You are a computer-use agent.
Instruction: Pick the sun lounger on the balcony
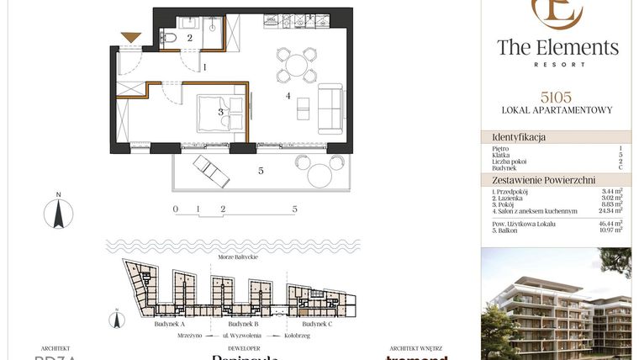click(x=211, y=172)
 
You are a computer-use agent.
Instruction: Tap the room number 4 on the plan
click(x=288, y=97)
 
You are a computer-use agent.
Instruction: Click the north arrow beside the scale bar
click(x=58, y=211)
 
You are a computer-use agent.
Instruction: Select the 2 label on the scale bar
click(x=222, y=208)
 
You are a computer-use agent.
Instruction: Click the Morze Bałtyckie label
click(x=237, y=257)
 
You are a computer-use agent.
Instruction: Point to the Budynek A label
click(x=171, y=324)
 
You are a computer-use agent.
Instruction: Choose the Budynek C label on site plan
click(x=317, y=324)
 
